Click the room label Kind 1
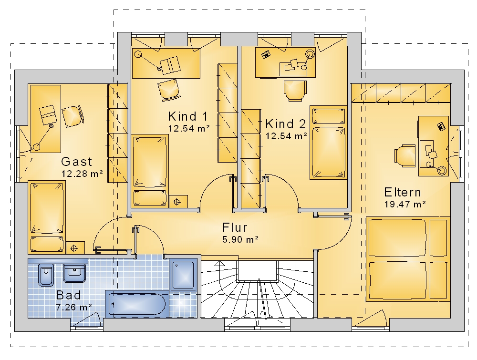pos(187,116)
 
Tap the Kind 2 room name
pos(285,124)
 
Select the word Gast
pos(76,162)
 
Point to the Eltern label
pos(403,192)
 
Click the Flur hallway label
pos(235,227)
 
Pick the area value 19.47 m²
pos(405,204)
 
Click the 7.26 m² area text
pos(74,307)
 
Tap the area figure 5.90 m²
pos(240,239)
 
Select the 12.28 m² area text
pos(82,174)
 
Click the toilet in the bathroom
pos(46,275)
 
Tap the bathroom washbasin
pos(74,273)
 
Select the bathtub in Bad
pos(137,304)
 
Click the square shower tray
pos(183,275)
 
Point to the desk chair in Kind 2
pos(295,90)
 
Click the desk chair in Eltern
pos(405,155)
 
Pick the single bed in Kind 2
pos(329,142)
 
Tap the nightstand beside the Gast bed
pos(75,248)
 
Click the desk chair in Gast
pos(73,116)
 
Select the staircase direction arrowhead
pos(218,263)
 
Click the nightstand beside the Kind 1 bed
pos(178,202)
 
